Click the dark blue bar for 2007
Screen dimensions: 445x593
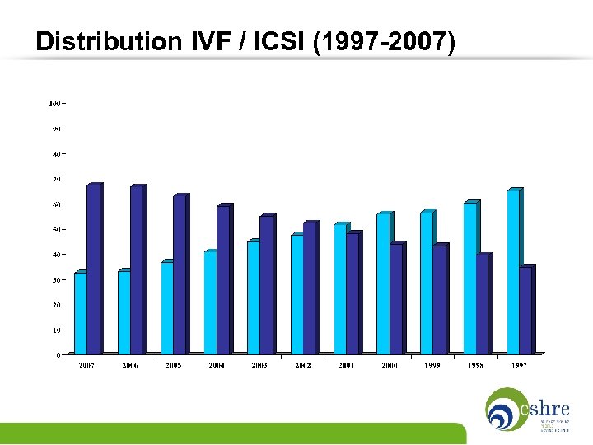pos(93,270)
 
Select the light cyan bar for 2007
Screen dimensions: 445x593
pos(81,315)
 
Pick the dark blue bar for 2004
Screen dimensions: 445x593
pos(222,281)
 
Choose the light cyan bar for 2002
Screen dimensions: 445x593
pos(296,296)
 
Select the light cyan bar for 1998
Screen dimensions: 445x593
pos(469,279)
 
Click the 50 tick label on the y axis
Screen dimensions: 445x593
pos(56,229)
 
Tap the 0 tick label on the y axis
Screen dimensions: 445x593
pos(58,355)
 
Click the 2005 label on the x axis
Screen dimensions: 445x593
pos(173,364)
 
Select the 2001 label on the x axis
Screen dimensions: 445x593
pos(346,364)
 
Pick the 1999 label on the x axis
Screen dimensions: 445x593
pos(432,364)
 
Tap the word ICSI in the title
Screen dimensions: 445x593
pos(283,40)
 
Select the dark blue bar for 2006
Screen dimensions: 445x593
pos(137,271)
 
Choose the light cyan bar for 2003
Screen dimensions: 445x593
pos(254,298)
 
